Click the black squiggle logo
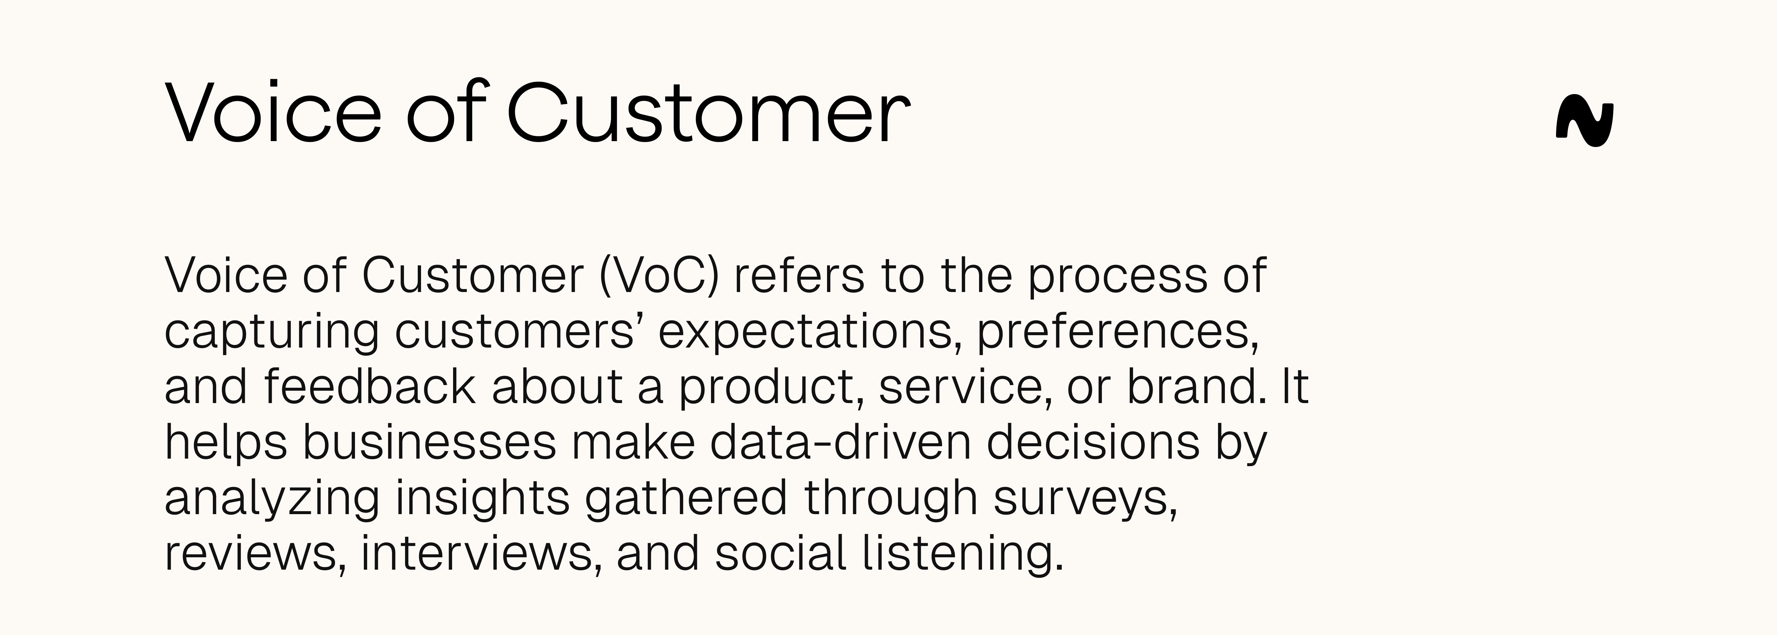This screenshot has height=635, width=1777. tap(1584, 124)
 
